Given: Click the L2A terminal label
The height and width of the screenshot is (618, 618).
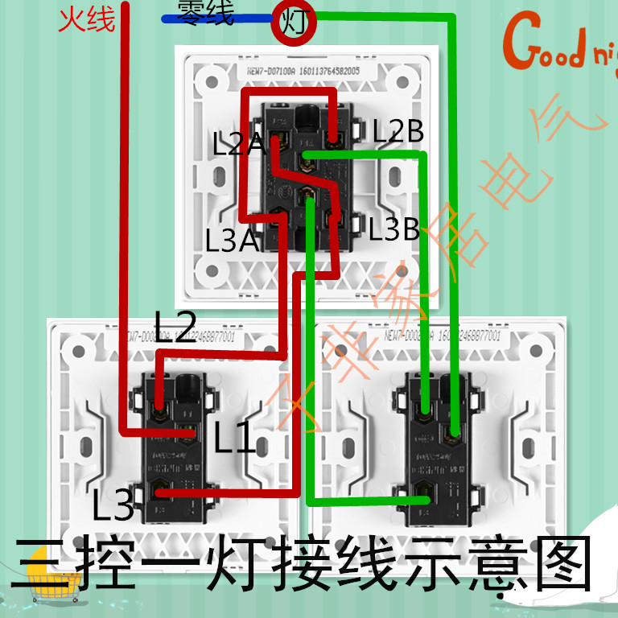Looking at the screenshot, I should (x=239, y=144).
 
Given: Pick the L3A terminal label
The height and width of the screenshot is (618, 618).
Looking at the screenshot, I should (x=232, y=241).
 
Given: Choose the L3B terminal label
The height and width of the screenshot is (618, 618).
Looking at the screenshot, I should (x=394, y=231).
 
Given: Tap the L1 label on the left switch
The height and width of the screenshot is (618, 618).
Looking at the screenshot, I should (x=235, y=439).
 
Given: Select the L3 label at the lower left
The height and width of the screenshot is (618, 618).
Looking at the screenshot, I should (x=113, y=505).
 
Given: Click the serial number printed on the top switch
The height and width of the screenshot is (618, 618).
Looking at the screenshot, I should (x=307, y=71).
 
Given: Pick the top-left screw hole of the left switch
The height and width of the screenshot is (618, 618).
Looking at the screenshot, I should (x=79, y=351).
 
